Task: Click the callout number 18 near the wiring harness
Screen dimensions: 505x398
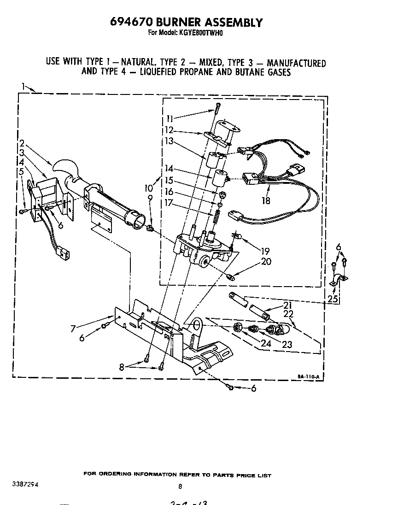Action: click(x=265, y=200)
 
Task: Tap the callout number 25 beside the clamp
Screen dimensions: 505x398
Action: click(x=332, y=299)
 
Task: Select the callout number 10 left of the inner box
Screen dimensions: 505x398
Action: click(x=148, y=188)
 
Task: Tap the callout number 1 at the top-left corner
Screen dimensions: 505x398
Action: click(x=23, y=86)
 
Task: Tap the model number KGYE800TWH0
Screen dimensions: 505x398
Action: click(x=200, y=33)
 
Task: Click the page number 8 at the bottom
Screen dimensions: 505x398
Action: click(x=180, y=486)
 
